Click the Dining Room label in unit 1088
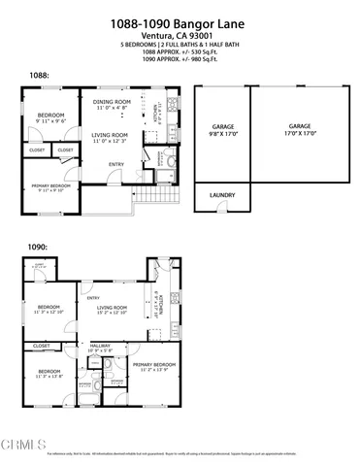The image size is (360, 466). (112, 101)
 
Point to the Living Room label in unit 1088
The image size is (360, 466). (110, 135)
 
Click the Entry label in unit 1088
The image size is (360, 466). (116, 163)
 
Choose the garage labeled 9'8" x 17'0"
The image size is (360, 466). (223, 128)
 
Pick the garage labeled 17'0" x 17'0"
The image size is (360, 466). (300, 128)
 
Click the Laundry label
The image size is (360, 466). (222, 195)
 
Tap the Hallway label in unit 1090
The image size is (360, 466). (101, 346)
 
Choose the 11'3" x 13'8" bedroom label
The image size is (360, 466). (48, 372)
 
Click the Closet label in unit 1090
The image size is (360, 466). (42, 346)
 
